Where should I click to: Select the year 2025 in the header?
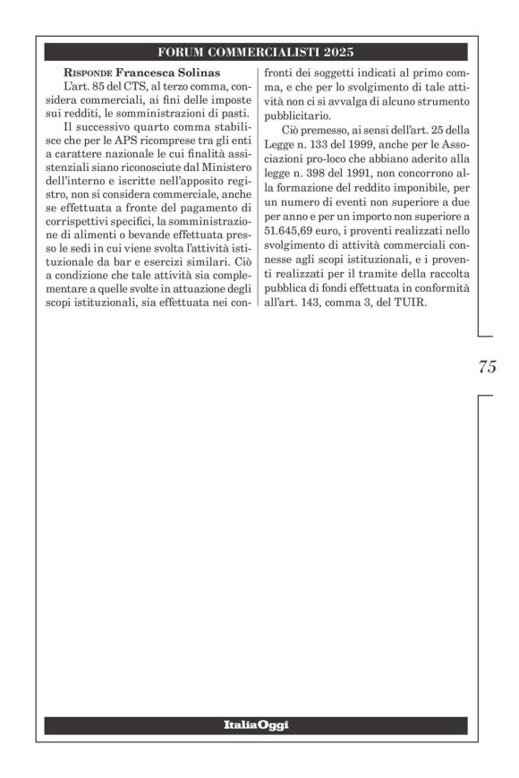(x=339, y=52)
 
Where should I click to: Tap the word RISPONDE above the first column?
(x=89, y=72)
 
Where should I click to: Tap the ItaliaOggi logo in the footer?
(x=257, y=724)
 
